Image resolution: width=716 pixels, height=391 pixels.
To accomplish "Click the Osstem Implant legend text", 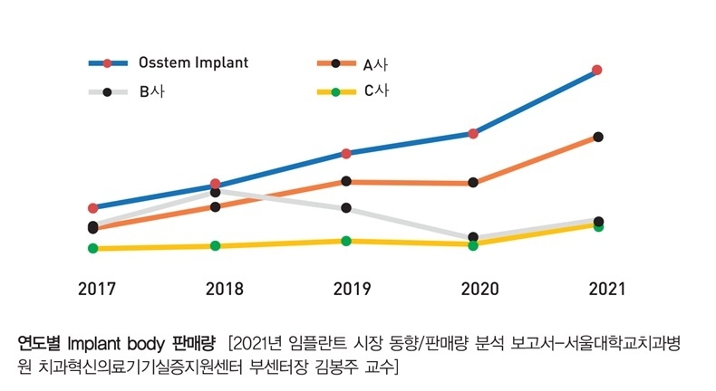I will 193,63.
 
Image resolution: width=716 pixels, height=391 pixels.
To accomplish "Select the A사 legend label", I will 376,64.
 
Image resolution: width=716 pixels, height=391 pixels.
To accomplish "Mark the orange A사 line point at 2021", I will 598,137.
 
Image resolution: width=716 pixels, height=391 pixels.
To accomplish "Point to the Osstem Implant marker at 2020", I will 473,133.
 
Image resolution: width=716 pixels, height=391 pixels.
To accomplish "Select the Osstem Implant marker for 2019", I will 346,154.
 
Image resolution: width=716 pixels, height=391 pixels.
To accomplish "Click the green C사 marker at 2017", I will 93,248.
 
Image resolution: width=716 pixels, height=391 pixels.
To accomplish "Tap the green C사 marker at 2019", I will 346,241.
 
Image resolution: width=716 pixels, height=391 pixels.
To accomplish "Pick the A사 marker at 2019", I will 346,181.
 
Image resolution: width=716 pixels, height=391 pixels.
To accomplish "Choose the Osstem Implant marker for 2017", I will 93,208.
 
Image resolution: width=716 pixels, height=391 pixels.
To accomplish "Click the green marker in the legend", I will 335,91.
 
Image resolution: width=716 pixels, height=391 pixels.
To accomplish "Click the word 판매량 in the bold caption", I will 193,344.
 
